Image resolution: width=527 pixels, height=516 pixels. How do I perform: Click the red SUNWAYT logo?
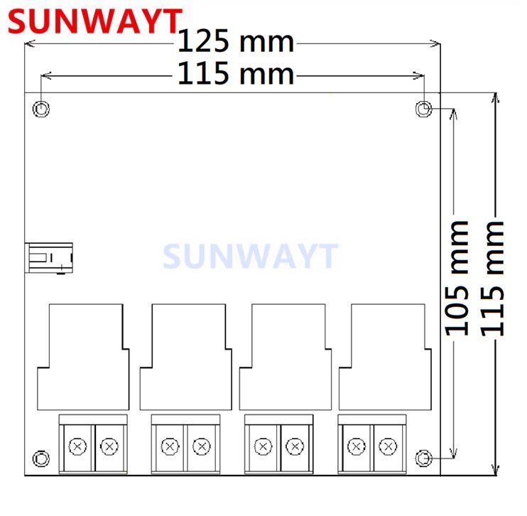pos(92,21)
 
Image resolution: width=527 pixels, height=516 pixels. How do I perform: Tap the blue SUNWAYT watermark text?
pos(250,257)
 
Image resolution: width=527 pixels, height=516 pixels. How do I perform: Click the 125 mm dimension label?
pos(235,42)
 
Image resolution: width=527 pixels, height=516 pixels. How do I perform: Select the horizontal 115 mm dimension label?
pos(235,73)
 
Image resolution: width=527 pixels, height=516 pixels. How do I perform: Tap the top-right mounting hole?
pos(423,109)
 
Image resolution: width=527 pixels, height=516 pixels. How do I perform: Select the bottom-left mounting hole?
pos(42,458)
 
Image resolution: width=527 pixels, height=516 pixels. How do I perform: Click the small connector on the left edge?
pos(50,257)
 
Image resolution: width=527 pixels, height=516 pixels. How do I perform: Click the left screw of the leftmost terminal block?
pos(77,446)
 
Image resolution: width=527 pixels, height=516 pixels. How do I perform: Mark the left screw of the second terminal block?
pos(169,446)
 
